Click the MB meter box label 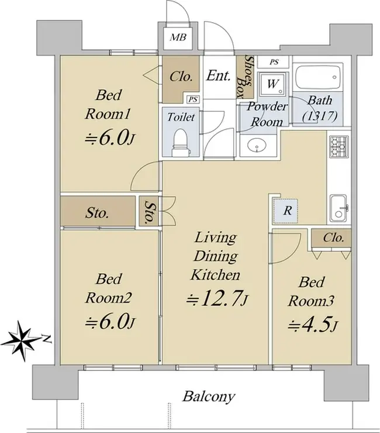(x=178, y=37)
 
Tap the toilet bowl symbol (x=181, y=143)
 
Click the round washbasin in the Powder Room (x=257, y=145)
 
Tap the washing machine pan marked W (x=272, y=84)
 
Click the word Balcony (x=209, y=397)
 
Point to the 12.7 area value (x=217, y=298)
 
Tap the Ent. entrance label (x=218, y=75)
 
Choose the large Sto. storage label (x=96, y=213)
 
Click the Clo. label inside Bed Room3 (x=333, y=238)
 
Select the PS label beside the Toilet (x=193, y=99)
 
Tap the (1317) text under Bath (x=320, y=116)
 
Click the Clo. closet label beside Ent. (x=181, y=77)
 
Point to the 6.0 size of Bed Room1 (x=110, y=138)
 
